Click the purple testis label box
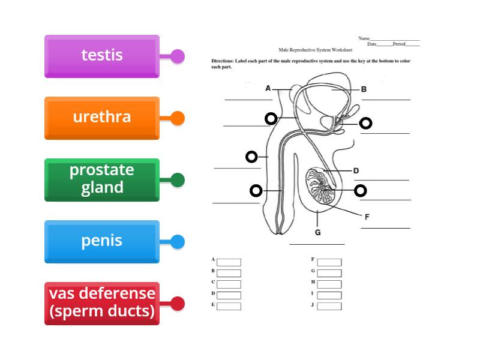(101, 56)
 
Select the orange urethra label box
(101, 118)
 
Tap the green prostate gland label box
(101, 179)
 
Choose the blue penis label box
(101, 241)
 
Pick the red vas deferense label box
(101, 303)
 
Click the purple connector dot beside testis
(178, 57)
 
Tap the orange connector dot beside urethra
(178, 118)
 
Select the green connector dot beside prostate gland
(178, 180)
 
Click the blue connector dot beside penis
(178, 242)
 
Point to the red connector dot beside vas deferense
(178, 304)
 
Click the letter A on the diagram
(268, 88)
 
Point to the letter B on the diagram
(364, 89)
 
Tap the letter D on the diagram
(356, 171)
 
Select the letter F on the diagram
(367, 217)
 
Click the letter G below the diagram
(317, 233)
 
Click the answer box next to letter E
(229, 306)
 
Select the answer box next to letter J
(329, 306)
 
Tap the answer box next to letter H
(329, 284)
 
